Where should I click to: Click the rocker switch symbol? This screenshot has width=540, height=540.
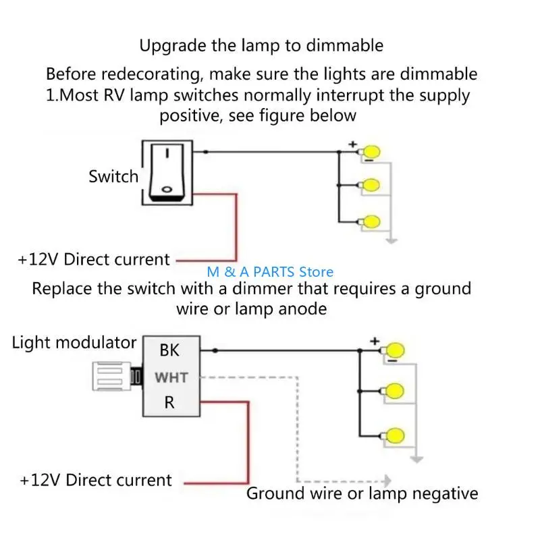tap(167, 173)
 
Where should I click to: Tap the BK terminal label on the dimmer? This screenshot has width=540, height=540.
tap(169, 350)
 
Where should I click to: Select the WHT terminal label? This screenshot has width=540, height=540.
tap(171, 378)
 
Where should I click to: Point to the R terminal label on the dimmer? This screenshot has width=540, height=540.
tap(169, 402)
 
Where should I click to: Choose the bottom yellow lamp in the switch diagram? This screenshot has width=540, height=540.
tap(372, 222)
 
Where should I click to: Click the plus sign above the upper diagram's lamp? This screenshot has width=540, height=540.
tap(352, 144)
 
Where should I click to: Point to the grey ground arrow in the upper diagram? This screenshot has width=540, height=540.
tap(391, 240)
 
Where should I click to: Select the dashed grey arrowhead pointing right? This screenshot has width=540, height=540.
tap(387, 481)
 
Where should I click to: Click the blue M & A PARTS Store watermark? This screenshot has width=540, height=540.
tap(270, 272)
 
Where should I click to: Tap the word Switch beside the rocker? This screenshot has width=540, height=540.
tap(113, 177)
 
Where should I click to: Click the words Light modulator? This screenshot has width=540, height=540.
tap(74, 343)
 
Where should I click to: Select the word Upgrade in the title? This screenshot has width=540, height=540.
tap(173, 46)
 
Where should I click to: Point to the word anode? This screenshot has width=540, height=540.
tap(302, 309)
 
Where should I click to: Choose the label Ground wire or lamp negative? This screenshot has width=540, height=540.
tap(362, 493)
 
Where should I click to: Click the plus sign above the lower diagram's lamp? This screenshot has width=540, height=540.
tap(375, 342)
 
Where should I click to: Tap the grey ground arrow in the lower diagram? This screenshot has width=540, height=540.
tap(416, 459)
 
